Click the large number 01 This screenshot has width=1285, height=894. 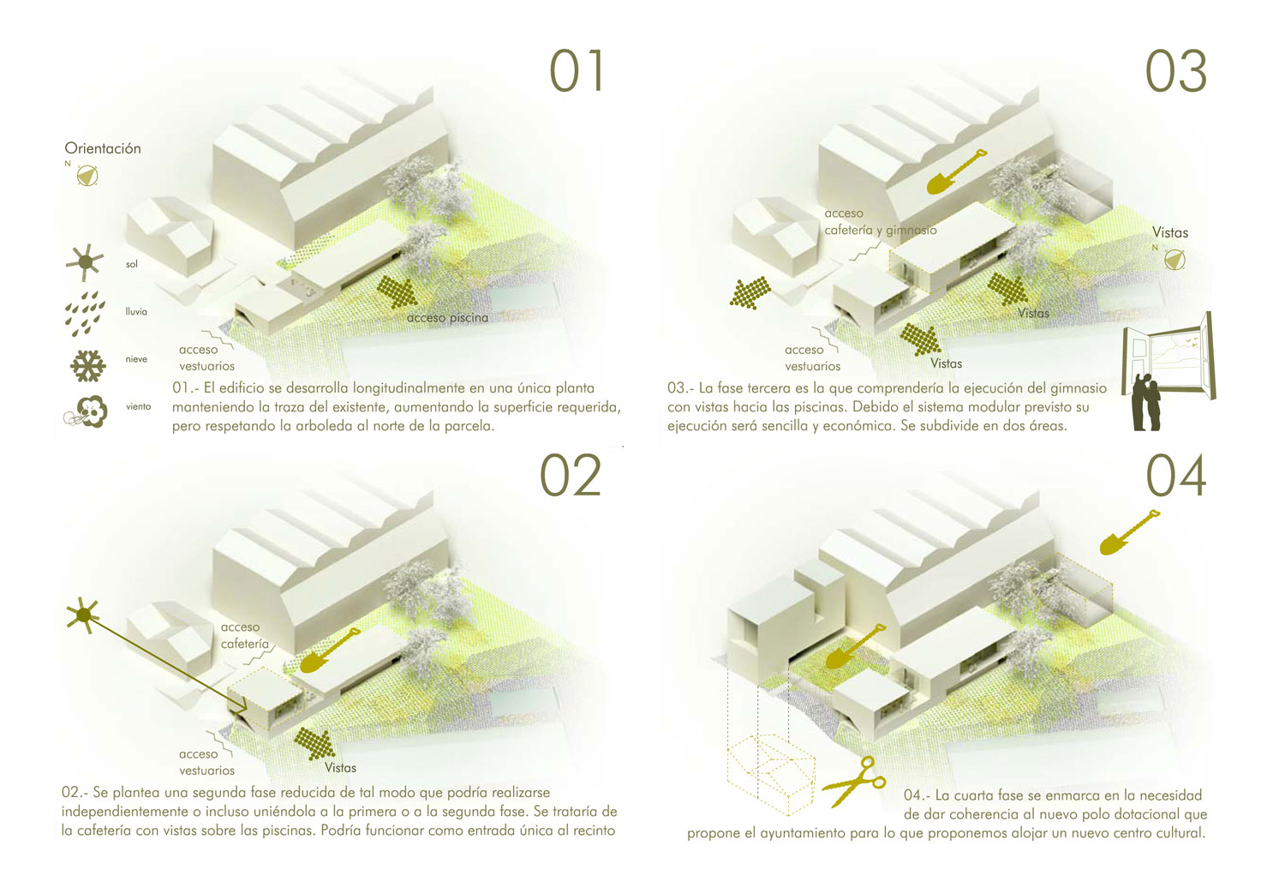pos(576,70)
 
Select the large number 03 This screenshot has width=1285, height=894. pos(1176,72)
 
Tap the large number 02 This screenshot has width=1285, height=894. pos(571,476)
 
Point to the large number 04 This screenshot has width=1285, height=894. pos(1176,476)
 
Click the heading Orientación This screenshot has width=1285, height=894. pos(103,148)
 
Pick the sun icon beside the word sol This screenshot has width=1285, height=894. pos(85,262)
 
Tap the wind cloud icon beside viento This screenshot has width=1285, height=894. pos(86,411)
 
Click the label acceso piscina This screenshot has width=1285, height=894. pos(447,318)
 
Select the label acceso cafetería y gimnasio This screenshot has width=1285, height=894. pos(880,221)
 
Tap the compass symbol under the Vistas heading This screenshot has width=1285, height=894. pos(1174,260)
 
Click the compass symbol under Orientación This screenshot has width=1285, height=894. pos(87,176)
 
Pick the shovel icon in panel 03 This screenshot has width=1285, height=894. pos(956,171)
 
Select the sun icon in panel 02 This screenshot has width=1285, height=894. pos(84,616)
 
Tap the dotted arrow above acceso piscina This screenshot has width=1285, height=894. pos(397,292)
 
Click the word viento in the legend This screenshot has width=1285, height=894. pos(138,407)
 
